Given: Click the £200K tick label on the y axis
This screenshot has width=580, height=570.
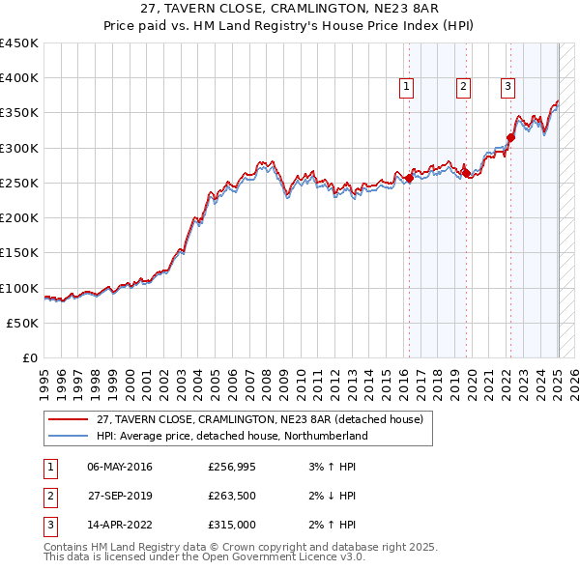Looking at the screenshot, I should click(18, 218).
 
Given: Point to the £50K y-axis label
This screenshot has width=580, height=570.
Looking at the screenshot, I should click(22, 324).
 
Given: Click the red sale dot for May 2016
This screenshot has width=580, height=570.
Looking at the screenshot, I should click(409, 178).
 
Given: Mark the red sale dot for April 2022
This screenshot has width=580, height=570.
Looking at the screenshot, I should click(510, 137).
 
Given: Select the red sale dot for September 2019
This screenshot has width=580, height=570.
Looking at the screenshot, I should click(467, 174).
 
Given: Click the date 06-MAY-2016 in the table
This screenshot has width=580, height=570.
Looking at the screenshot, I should click(120, 467).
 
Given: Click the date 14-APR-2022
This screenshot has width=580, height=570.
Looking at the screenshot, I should click(120, 525).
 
